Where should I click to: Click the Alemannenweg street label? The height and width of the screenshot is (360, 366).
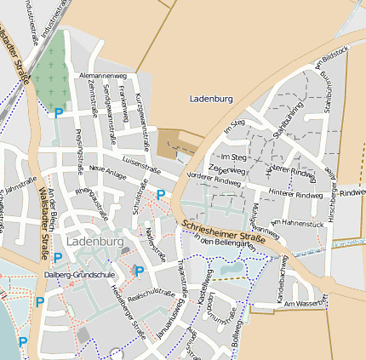[96, 77]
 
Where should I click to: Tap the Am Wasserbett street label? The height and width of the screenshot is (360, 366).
[306, 304]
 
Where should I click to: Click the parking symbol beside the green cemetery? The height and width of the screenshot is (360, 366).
[58, 112]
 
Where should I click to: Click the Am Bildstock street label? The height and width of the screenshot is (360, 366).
[332, 57]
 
